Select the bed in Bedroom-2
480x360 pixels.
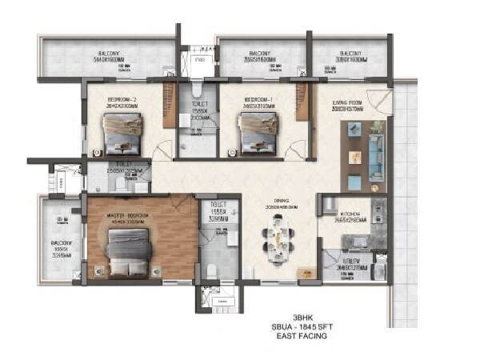tap(122, 132)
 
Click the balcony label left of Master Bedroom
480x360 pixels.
tap(58, 220)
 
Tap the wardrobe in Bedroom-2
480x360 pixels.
tap(170, 104)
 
